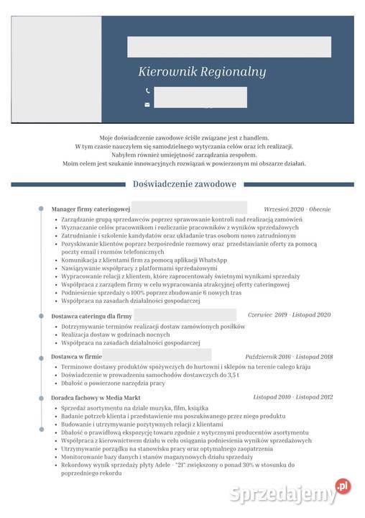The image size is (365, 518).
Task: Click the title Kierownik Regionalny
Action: (202, 72)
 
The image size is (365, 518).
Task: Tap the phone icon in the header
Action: (147, 91)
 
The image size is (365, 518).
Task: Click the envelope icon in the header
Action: (147, 104)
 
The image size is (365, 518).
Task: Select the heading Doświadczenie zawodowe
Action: (185, 184)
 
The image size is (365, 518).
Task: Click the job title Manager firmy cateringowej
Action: (91, 209)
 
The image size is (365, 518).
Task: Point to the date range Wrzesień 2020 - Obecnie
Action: (297, 209)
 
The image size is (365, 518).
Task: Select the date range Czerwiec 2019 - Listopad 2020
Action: (289, 315)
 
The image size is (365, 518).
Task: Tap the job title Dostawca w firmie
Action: (76, 356)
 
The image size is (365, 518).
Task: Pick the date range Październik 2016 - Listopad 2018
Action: (288, 356)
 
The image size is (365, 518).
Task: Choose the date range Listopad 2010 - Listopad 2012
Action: (292, 396)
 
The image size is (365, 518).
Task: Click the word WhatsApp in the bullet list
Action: (212, 260)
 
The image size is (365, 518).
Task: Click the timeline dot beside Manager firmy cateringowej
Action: (41, 209)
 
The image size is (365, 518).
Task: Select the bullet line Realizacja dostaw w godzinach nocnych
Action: (116, 335)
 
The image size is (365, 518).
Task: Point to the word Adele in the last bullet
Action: (164, 465)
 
